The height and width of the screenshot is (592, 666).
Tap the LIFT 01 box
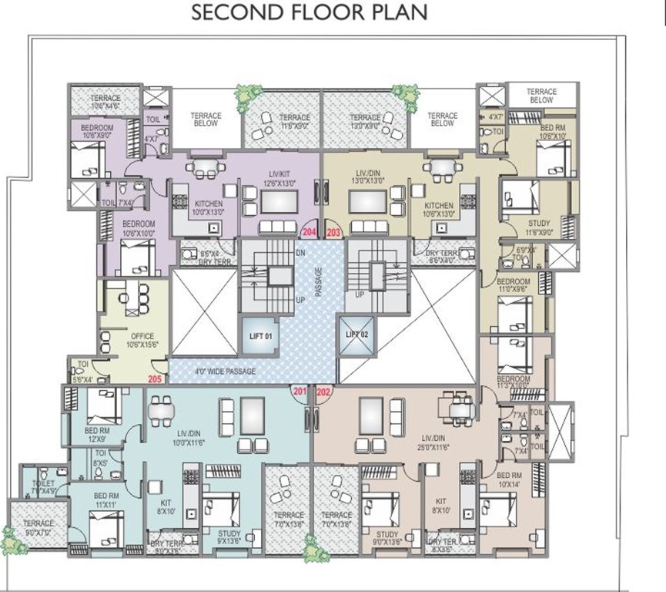pos(257,336)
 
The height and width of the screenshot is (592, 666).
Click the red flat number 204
pos(309,232)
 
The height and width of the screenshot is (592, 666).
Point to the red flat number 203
pos(333,232)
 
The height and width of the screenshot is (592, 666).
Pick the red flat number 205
pos(155,378)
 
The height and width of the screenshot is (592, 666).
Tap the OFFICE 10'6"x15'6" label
pos(142,340)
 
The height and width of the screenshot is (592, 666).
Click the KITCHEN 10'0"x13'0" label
pos(187,207)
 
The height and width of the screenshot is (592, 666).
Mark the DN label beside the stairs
pos(301,253)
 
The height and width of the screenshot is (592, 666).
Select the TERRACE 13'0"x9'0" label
pos(366,120)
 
